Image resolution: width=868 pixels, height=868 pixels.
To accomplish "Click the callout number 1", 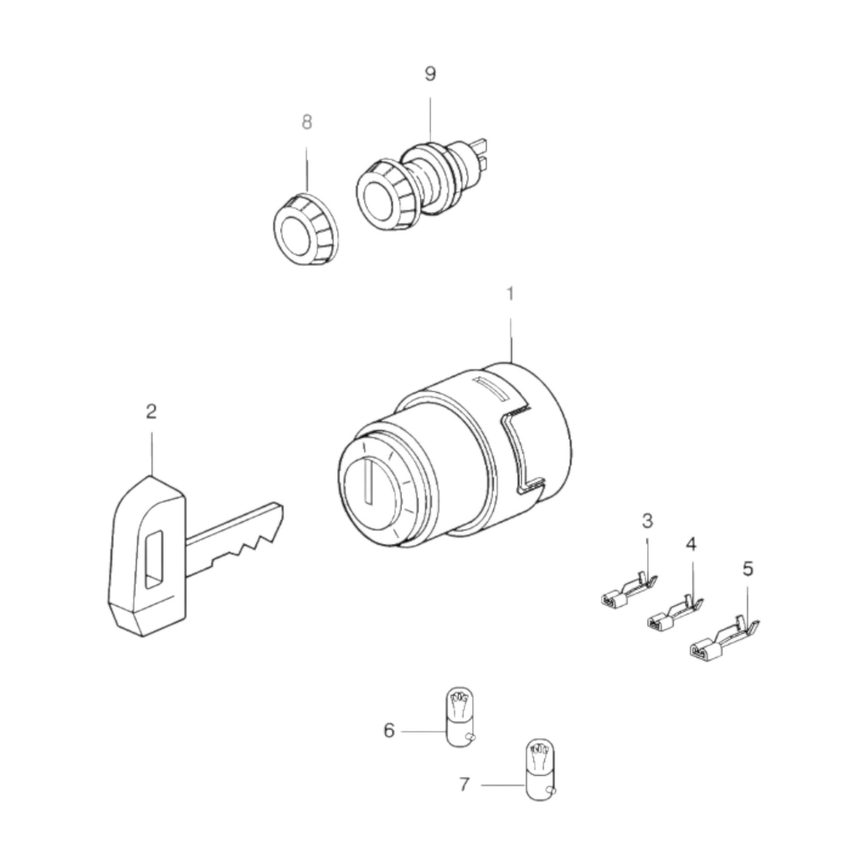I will [x=510, y=295].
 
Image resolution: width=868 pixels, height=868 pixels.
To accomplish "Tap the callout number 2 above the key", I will [x=151, y=411].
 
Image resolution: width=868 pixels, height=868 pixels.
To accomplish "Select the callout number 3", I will [x=647, y=520].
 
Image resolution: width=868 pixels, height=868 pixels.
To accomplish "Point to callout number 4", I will [x=691, y=544].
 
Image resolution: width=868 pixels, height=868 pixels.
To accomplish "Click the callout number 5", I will [x=747, y=568].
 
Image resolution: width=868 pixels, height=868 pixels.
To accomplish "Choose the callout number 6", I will [x=389, y=731].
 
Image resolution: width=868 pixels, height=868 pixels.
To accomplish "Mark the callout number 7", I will [x=464, y=785].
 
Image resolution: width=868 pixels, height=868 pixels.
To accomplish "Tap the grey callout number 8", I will [x=307, y=123].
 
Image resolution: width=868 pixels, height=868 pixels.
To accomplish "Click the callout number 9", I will [x=430, y=74].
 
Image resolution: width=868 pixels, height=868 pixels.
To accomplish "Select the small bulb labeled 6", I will [x=459, y=718].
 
